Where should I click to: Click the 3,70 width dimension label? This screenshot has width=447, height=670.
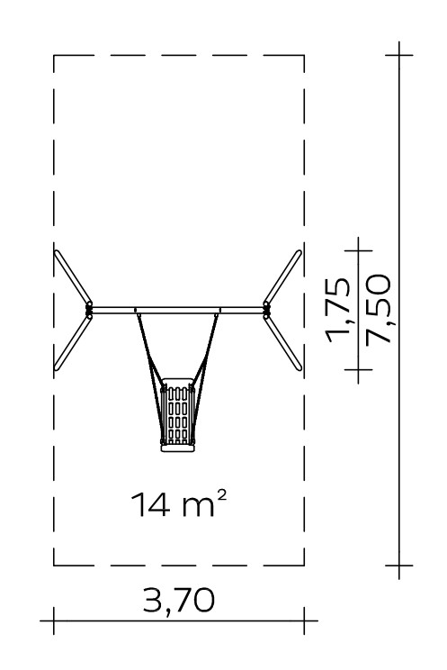tap(178, 601)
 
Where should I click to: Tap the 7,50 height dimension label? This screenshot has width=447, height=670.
tap(379, 309)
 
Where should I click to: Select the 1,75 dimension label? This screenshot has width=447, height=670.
tap(338, 310)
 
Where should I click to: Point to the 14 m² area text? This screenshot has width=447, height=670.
tap(178, 503)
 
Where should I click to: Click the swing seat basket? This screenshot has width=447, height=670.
tap(177, 414)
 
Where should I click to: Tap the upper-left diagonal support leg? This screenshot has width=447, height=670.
tap(73, 276)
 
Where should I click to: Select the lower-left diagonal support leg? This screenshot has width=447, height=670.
tap(73, 343)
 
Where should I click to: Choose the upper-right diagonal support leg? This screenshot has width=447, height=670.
tap(282, 276)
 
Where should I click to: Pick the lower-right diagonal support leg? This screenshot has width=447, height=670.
tap(282, 343)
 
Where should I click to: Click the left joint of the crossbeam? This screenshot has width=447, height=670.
tap(89, 310)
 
